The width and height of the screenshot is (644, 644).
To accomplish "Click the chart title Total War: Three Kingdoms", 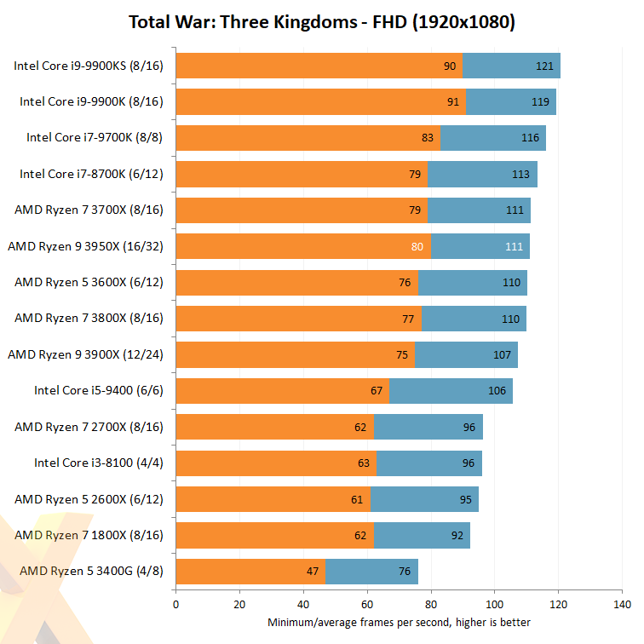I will (x=321, y=22).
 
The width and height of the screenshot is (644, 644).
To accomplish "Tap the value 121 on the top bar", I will (x=543, y=66).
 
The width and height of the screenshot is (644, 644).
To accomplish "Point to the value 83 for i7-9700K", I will (x=428, y=138).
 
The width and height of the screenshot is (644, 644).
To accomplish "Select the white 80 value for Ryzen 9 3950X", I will (x=417, y=246).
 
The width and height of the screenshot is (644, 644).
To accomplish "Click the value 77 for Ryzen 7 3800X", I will (x=408, y=319).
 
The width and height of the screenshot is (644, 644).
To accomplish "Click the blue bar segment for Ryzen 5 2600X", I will (x=424, y=499).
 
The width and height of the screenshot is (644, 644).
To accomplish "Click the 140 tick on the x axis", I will (x=622, y=605).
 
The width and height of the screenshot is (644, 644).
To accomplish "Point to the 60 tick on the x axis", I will (x=367, y=605).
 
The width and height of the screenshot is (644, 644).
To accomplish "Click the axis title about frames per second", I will (x=399, y=622).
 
